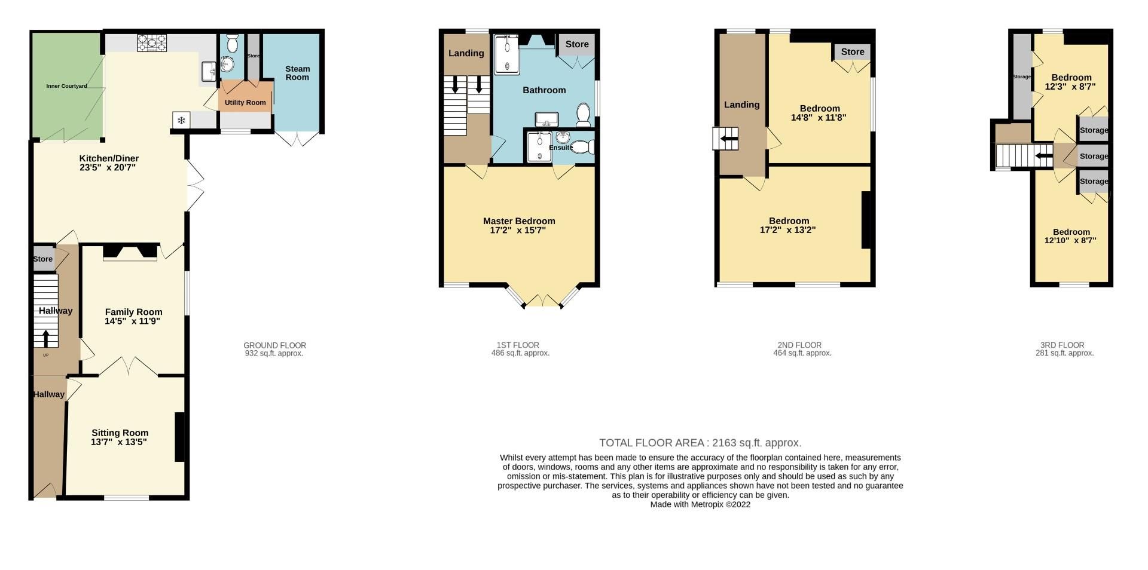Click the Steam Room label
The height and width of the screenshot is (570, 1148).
tap(297, 73)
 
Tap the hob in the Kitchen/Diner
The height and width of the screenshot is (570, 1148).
tap(152, 43)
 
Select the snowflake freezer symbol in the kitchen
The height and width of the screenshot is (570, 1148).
tap(181, 120)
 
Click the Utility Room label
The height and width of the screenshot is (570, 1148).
tap(245, 103)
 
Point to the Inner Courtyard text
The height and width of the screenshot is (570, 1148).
tap(66, 86)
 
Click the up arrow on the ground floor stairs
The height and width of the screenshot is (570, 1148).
tap(45, 338)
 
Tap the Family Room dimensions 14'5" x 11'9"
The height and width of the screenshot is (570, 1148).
tap(132, 321)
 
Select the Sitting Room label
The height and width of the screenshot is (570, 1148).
tap(120, 433)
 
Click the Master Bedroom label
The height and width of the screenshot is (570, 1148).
tap(519, 221)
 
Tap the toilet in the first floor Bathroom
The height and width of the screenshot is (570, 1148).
tap(584, 112)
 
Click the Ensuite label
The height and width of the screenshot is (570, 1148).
tap(561, 148)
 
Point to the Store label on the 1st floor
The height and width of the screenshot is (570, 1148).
tap(577, 44)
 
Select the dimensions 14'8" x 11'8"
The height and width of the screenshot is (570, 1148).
tap(819, 118)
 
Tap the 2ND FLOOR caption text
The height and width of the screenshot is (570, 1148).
tap(799, 345)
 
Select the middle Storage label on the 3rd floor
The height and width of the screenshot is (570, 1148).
tap(1094, 157)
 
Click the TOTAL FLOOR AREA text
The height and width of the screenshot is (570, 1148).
tap(700, 443)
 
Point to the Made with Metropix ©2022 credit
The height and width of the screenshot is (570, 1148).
tap(700, 504)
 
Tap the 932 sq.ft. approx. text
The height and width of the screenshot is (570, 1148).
tap(274, 353)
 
